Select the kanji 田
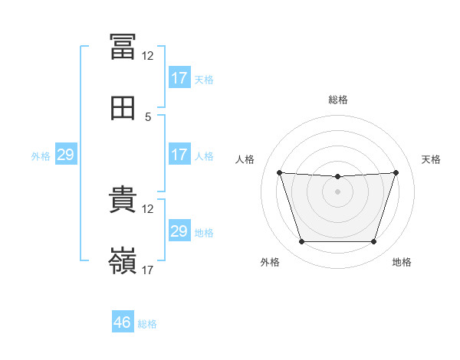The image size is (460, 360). [x=123, y=110]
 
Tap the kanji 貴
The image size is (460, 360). [x=123, y=199]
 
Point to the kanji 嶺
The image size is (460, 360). [x=123, y=261]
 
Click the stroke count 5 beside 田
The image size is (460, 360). [x=148, y=117]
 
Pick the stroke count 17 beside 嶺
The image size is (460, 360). [x=148, y=270]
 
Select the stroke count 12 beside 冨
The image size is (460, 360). [x=148, y=56]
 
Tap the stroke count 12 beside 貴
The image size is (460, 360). [x=148, y=208]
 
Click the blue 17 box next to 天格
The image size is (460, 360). [x=179, y=78]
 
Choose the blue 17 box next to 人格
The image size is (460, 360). [x=179, y=155]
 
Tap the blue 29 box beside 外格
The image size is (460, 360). [x=65, y=155]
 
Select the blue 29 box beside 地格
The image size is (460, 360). [x=179, y=231]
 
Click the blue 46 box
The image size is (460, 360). [x=123, y=322]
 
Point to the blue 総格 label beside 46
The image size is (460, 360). [x=148, y=324]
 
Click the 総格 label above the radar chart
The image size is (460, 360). [x=337, y=100]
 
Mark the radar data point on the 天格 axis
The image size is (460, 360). [x=396, y=172]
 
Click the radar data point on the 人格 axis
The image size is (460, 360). [x=279, y=172]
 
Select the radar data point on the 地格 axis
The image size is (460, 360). [x=373, y=242]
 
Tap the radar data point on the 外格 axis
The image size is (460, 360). [x=301, y=242]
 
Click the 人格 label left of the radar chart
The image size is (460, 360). [x=245, y=159]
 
